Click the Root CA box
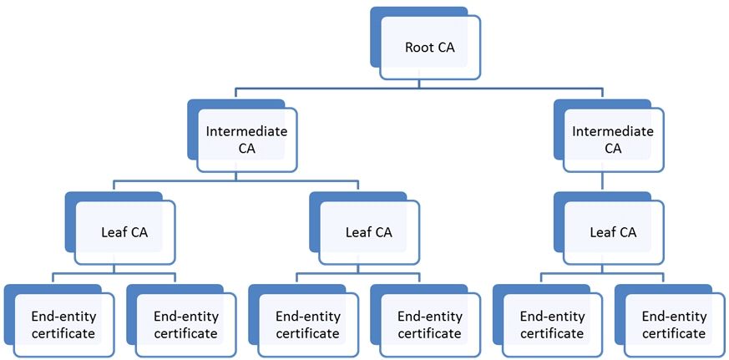tap(430, 48)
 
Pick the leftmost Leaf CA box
tap(124, 232)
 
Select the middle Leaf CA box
tap(369, 232)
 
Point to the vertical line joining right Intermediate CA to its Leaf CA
tap(603, 181)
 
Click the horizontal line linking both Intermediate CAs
tap(419, 88)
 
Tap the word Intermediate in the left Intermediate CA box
tap(246, 132)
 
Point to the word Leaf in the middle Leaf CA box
tap(355, 232)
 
